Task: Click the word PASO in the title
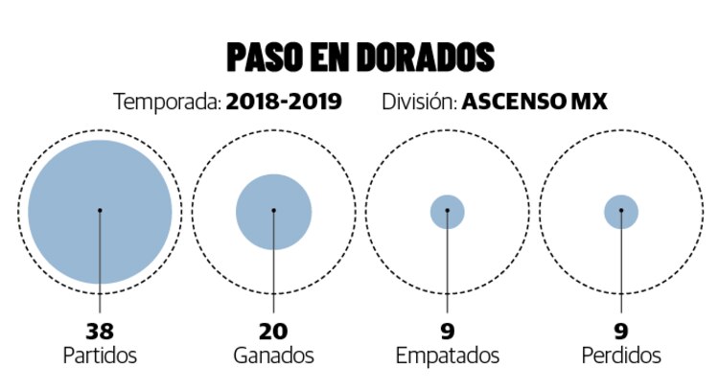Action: (x=265, y=58)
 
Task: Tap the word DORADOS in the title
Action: (x=425, y=58)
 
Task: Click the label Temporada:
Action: (x=167, y=102)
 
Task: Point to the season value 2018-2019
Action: (x=284, y=102)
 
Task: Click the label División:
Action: (x=418, y=102)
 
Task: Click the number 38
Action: (x=100, y=332)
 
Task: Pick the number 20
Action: (x=273, y=332)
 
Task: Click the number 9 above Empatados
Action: (x=448, y=332)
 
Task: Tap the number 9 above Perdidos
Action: (x=621, y=332)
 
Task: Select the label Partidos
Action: (x=100, y=356)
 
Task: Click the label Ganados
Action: (x=273, y=356)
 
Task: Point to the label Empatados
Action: (x=448, y=356)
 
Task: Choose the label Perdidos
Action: (x=621, y=356)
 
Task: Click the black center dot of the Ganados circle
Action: (x=273, y=211)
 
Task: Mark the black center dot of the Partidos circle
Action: (x=100, y=211)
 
